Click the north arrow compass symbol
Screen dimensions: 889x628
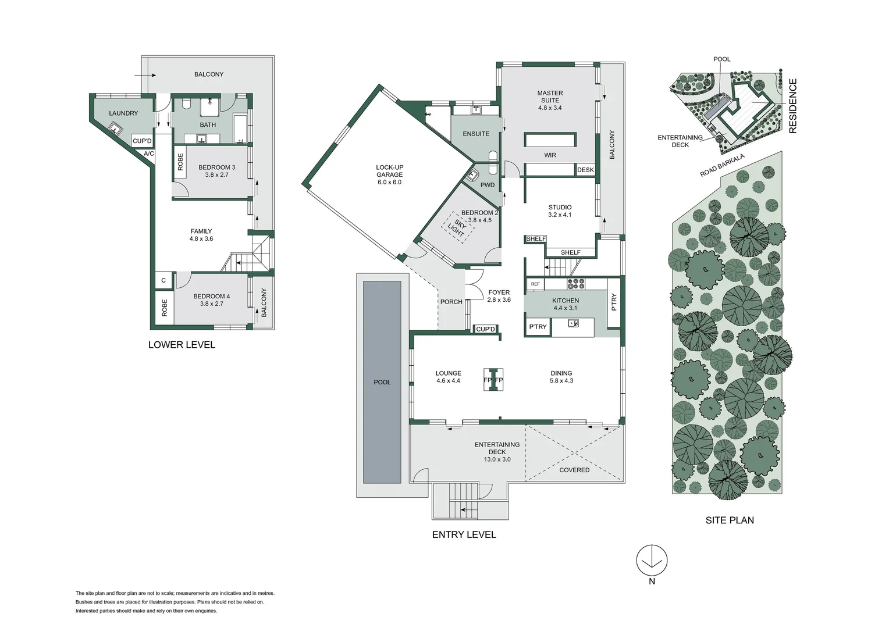652,560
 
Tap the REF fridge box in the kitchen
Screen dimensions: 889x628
535,284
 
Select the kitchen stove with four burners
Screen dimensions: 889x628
575,283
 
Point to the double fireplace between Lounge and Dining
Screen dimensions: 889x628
493,380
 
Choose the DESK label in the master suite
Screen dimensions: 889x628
585,170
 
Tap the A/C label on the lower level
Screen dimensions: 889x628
149,154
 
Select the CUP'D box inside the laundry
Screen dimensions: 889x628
142,141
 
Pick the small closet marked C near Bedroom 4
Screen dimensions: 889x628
163,280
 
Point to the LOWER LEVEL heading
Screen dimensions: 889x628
182,345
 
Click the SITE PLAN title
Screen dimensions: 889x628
730,520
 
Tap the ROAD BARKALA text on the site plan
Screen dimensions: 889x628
722,165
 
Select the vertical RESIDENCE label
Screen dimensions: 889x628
792,106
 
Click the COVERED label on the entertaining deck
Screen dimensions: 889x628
574,470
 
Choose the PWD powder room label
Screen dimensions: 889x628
488,185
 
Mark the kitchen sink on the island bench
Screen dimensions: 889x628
572,323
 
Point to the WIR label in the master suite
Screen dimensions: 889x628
550,155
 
